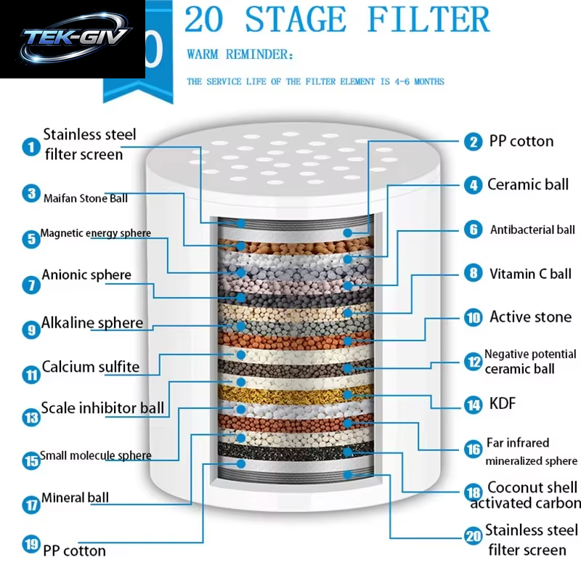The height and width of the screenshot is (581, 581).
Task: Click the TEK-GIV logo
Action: pos(74,39)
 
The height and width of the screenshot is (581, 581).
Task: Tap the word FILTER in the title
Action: pos(428,20)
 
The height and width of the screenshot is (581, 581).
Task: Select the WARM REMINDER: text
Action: pos(240,54)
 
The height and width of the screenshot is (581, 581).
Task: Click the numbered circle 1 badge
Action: pos(31,147)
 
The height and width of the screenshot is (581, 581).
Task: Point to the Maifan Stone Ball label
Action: pos(86,198)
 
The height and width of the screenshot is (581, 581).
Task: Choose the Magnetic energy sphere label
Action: pos(96,233)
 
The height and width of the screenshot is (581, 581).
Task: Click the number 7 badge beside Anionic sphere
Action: pos(31,285)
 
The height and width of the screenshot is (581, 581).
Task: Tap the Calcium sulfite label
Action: pos(91,367)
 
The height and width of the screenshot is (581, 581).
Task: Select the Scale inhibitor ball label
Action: pos(102,408)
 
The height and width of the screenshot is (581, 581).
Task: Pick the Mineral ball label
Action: pos(76,497)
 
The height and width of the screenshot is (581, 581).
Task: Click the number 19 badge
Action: pos(31,544)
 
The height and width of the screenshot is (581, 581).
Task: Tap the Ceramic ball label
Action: pos(528,184)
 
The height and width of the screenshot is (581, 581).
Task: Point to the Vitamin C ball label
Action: pos(530,274)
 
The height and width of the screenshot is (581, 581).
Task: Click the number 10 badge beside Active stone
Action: pos(474,317)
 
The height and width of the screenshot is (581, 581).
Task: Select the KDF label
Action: pos(503,403)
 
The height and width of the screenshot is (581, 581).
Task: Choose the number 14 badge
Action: pos(474,405)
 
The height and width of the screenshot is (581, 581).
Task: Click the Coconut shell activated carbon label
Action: pos(525,495)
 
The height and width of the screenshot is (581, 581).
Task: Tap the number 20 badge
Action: pos(474,536)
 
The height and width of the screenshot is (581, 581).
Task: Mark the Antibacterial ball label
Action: pos(532,229)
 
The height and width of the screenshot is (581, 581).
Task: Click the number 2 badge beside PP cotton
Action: pos(474,142)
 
